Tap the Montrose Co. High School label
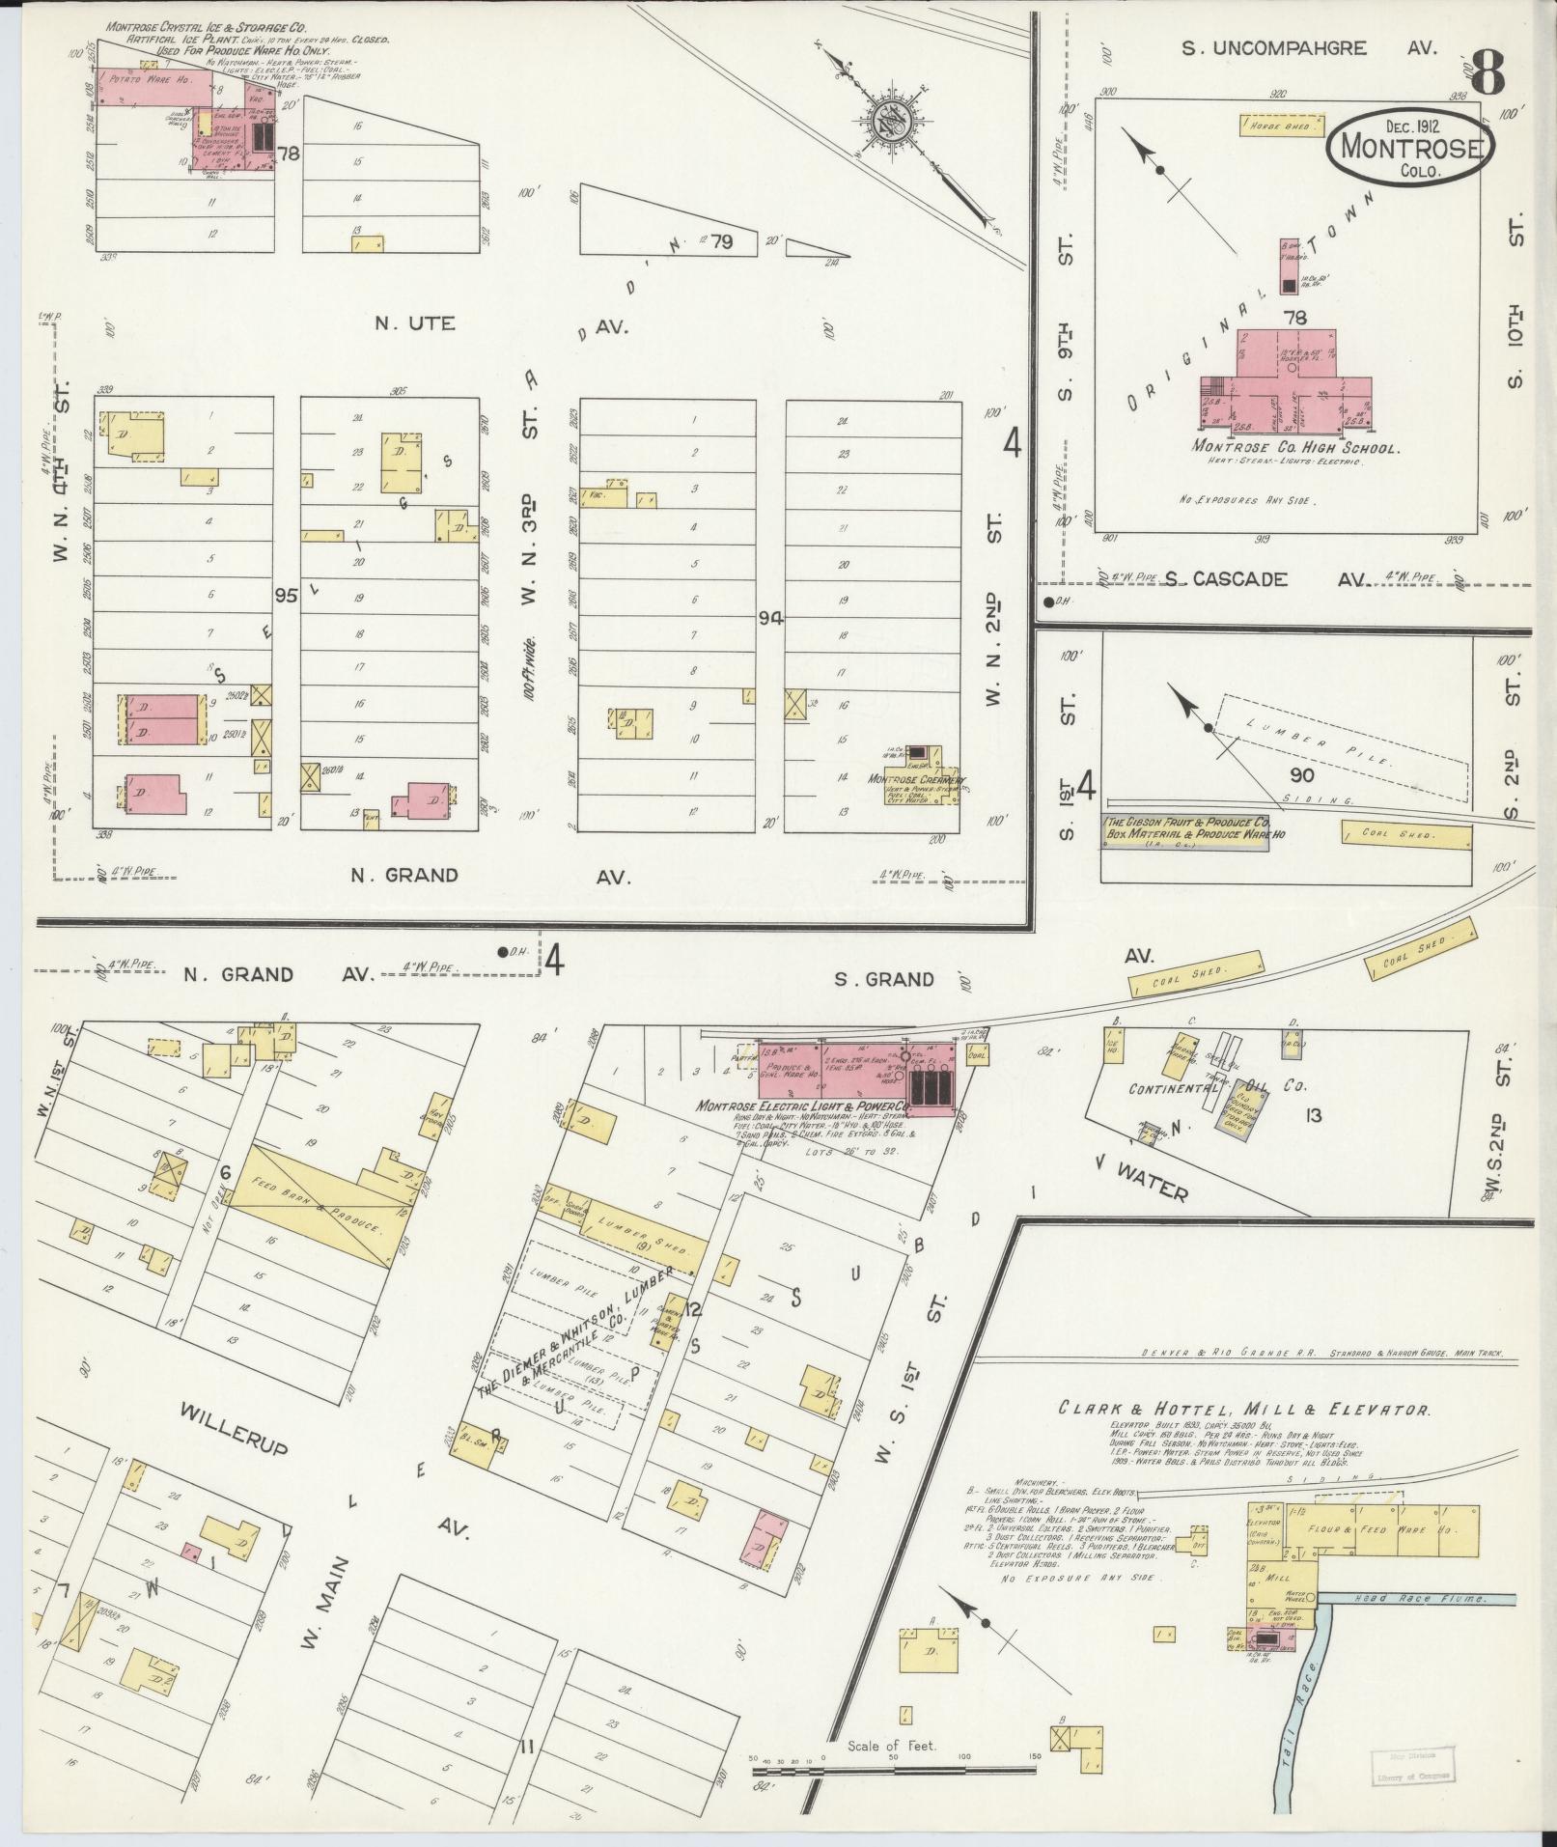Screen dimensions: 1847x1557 (1295, 447)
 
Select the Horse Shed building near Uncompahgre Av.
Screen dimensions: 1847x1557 (1280, 126)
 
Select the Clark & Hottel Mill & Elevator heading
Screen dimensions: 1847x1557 (1244, 1409)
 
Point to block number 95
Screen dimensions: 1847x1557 (286, 594)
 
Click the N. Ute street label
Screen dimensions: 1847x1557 (415, 323)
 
